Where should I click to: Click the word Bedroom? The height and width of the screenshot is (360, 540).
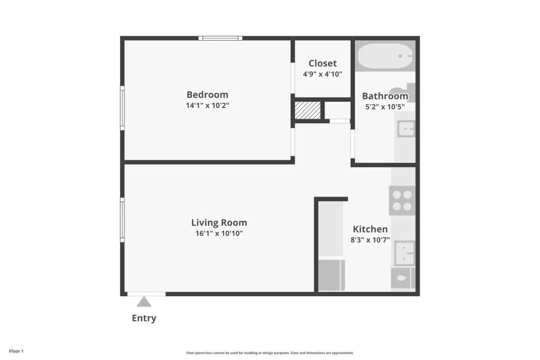click(x=207, y=95)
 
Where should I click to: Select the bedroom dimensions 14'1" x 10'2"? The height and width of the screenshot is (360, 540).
click(x=207, y=105)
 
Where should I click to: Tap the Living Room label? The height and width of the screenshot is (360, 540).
click(x=219, y=223)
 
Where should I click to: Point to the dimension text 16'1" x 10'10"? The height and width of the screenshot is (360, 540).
click(x=219, y=233)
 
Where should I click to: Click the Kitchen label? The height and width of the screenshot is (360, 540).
click(x=370, y=229)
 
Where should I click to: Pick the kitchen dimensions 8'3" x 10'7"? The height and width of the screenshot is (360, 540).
click(x=370, y=240)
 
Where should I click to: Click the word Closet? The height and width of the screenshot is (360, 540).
click(x=322, y=64)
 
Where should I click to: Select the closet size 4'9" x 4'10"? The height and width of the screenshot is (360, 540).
click(x=322, y=74)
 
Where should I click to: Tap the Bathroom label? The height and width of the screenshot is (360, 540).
click(x=385, y=96)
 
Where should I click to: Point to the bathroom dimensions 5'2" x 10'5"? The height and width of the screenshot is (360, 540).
click(x=385, y=107)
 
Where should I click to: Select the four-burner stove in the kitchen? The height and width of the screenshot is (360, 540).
click(x=402, y=200)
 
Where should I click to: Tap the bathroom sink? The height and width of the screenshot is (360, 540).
click(x=406, y=129)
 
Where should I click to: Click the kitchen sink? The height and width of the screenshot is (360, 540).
click(x=405, y=253)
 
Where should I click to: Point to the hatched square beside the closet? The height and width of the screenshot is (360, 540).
click(x=307, y=111)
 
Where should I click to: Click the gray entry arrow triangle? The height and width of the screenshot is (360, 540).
click(x=144, y=301)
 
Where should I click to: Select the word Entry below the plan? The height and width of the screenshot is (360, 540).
click(x=144, y=318)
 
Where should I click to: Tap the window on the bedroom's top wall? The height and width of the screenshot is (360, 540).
click(x=220, y=38)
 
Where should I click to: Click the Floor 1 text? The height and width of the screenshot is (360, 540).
click(x=16, y=351)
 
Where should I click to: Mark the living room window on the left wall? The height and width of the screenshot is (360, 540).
click(x=122, y=220)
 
